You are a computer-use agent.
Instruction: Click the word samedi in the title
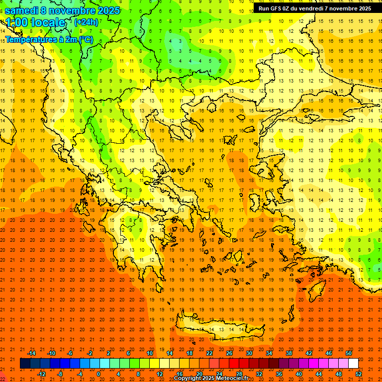(x=21, y=10)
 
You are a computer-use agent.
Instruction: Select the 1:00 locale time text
(x=35, y=22)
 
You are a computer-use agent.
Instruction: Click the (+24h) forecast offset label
(x=86, y=22)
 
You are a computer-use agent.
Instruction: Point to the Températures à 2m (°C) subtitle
(x=49, y=39)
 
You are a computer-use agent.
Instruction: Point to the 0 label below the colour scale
(x=98, y=374)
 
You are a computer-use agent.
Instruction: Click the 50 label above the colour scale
(x=348, y=353)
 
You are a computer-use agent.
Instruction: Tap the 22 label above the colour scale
(x=209, y=353)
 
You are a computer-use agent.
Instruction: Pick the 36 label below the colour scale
(x=279, y=374)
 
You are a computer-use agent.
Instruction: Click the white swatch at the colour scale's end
(x=353, y=364)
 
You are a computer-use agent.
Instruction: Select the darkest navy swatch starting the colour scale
(x=25, y=364)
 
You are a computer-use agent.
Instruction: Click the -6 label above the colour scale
(x=70, y=353)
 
